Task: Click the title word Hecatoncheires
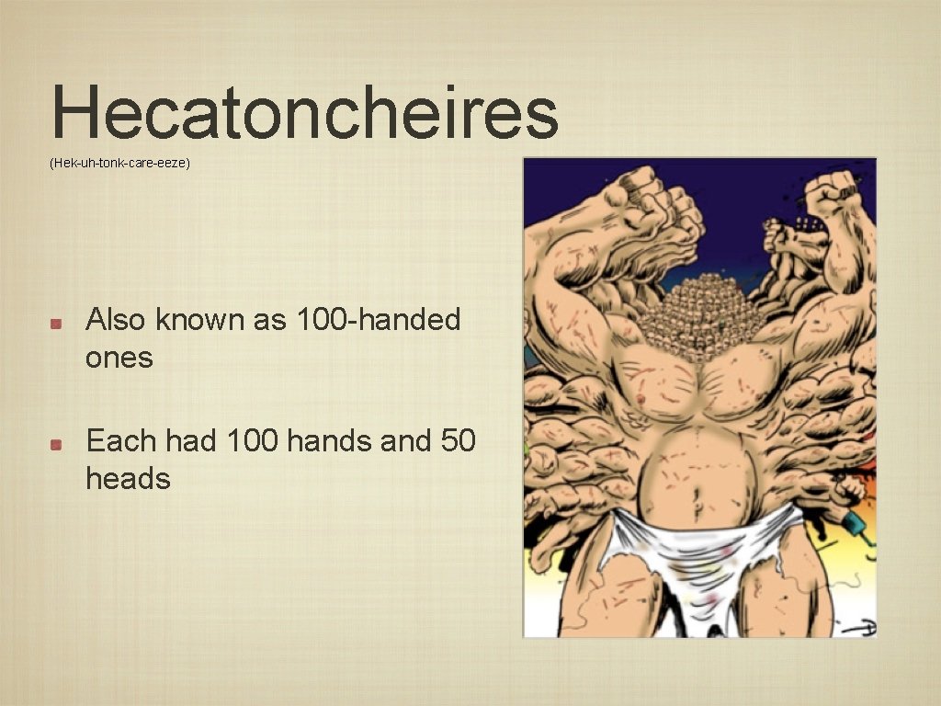pyautogui.click(x=305, y=112)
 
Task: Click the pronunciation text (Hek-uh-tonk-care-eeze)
pyautogui.click(x=119, y=163)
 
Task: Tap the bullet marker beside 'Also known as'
pyautogui.click(x=56, y=323)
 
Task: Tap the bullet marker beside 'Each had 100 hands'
pyautogui.click(x=56, y=444)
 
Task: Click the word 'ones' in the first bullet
pyautogui.click(x=119, y=358)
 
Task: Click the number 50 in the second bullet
pyautogui.click(x=459, y=441)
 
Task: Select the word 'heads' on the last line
pyautogui.click(x=128, y=479)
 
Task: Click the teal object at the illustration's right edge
pyautogui.click(x=856, y=526)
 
